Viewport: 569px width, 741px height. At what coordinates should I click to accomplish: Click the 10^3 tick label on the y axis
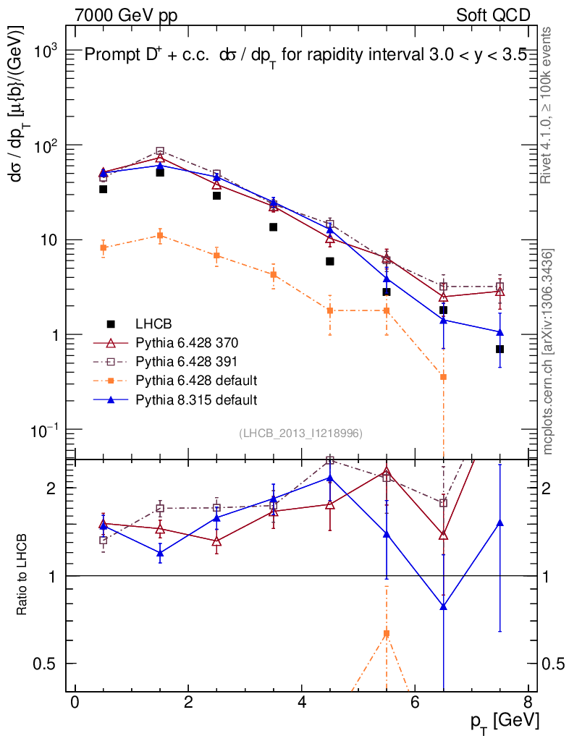(x=47, y=51)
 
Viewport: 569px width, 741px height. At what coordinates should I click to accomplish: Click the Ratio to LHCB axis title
(x=22, y=575)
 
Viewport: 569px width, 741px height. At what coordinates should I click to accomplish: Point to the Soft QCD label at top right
(x=493, y=15)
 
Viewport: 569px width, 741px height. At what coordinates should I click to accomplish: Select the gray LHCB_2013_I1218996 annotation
(x=300, y=433)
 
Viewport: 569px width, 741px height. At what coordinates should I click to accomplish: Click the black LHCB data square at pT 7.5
(x=500, y=349)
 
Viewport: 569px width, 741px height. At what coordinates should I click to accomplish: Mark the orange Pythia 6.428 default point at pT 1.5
(x=160, y=235)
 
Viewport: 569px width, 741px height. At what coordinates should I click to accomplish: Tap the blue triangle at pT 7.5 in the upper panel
(x=500, y=332)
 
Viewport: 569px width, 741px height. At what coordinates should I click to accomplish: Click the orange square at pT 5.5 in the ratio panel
(x=387, y=634)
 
